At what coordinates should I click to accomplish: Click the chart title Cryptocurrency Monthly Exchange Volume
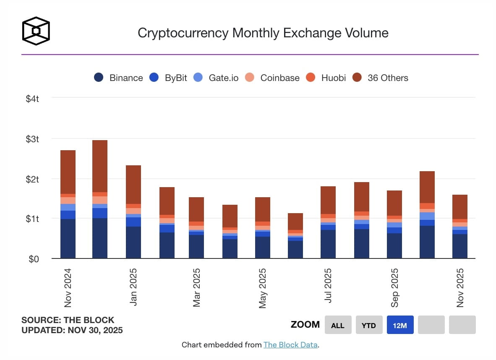click(x=263, y=33)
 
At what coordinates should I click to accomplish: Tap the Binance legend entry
click(x=119, y=78)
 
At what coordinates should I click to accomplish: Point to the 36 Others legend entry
click(x=381, y=78)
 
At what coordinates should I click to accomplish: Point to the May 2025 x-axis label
click(x=263, y=287)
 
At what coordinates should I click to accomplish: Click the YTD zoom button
click(x=369, y=325)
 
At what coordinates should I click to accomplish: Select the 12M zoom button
click(x=400, y=325)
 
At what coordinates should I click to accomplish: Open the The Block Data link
click(x=290, y=345)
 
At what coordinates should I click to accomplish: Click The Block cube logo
click(x=36, y=31)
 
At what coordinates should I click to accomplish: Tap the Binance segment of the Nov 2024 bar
click(x=68, y=238)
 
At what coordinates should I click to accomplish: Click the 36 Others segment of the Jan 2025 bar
click(x=133, y=185)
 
